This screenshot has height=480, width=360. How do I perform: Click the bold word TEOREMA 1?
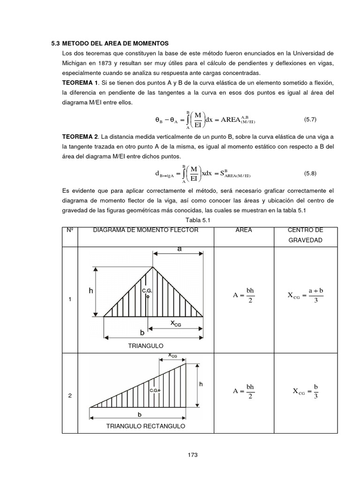pyautogui.click(x=80, y=82)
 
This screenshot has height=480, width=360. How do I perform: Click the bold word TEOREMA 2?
pyautogui.click(x=80, y=136)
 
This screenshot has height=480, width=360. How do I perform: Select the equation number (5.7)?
pyautogui.click(x=310, y=119)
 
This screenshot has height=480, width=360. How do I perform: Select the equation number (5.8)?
pyautogui.click(x=310, y=173)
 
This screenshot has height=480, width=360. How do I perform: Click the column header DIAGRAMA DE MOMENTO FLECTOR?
pyautogui.click(x=146, y=230)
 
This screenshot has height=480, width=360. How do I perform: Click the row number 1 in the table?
pyautogui.click(x=70, y=300)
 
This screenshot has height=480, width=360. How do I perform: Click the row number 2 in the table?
pyautogui.click(x=70, y=396)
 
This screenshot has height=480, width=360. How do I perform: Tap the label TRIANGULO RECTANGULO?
pyautogui.click(x=146, y=426)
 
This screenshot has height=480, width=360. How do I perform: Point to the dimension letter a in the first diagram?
pyautogui.click(x=180, y=249)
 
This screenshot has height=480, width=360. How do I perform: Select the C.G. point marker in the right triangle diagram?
pyautogui.click(x=158, y=390)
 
